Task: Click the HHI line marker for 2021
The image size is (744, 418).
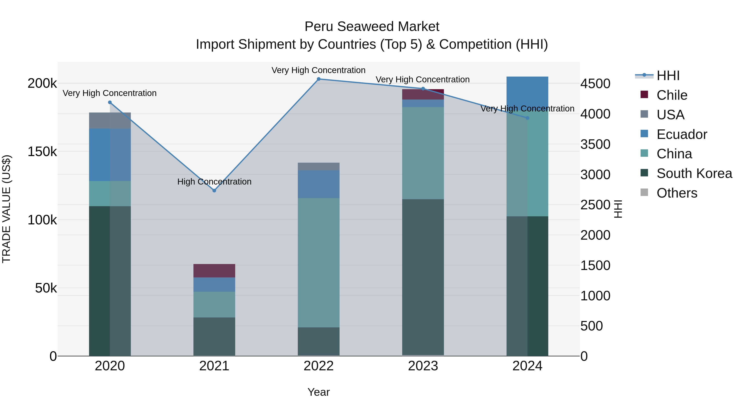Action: [214, 190]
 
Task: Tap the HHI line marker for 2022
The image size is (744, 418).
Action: [318, 79]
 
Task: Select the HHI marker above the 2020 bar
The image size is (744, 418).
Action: [110, 102]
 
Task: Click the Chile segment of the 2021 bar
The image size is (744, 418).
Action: [214, 271]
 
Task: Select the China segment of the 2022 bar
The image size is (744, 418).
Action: [318, 263]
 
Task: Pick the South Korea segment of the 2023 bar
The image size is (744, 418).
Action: [423, 277]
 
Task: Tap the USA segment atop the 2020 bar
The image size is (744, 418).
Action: [110, 121]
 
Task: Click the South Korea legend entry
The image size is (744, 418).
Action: [694, 173]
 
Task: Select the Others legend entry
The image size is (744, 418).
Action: [677, 193]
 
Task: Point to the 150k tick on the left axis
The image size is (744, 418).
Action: [42, 152]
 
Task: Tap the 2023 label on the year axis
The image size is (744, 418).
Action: [423, 366]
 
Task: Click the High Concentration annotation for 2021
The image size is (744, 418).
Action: [214, 182]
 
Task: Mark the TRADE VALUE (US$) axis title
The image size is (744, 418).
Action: [6, 209]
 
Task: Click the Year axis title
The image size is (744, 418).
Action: [318, 392]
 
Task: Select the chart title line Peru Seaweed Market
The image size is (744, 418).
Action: [372, 27]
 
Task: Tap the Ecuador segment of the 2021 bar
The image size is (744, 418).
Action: [214, 284]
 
